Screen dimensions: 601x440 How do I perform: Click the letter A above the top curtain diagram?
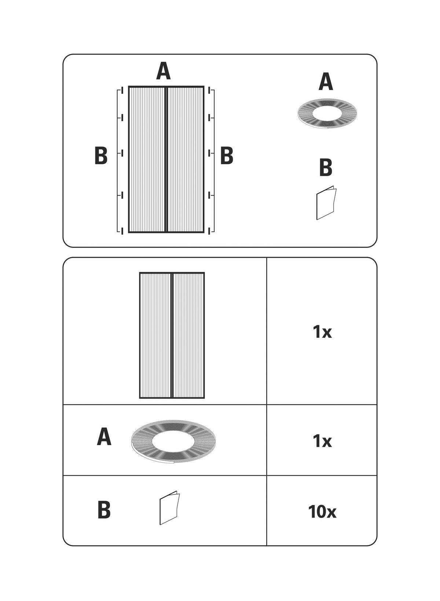coord(164,71)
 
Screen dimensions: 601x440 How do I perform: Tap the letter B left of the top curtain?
coord(101,156)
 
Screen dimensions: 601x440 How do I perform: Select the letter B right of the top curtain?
coord(227,156)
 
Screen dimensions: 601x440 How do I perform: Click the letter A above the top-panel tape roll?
coord(326,82)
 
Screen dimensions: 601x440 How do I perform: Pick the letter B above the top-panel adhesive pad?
coord(326,167)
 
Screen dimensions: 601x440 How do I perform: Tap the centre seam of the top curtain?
coord(166,159)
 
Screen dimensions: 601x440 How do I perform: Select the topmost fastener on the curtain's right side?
coord(209,90)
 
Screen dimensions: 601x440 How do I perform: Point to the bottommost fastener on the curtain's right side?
coord(209,230)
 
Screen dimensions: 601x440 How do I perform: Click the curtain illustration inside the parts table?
coord(172,335)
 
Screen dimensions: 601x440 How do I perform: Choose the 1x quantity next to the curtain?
coord(322,332)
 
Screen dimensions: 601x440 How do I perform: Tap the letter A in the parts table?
coord(104,437)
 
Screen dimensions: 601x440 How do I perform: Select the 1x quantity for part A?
coord(322,441)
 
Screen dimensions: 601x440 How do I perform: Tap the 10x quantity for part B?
coord(322,512)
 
